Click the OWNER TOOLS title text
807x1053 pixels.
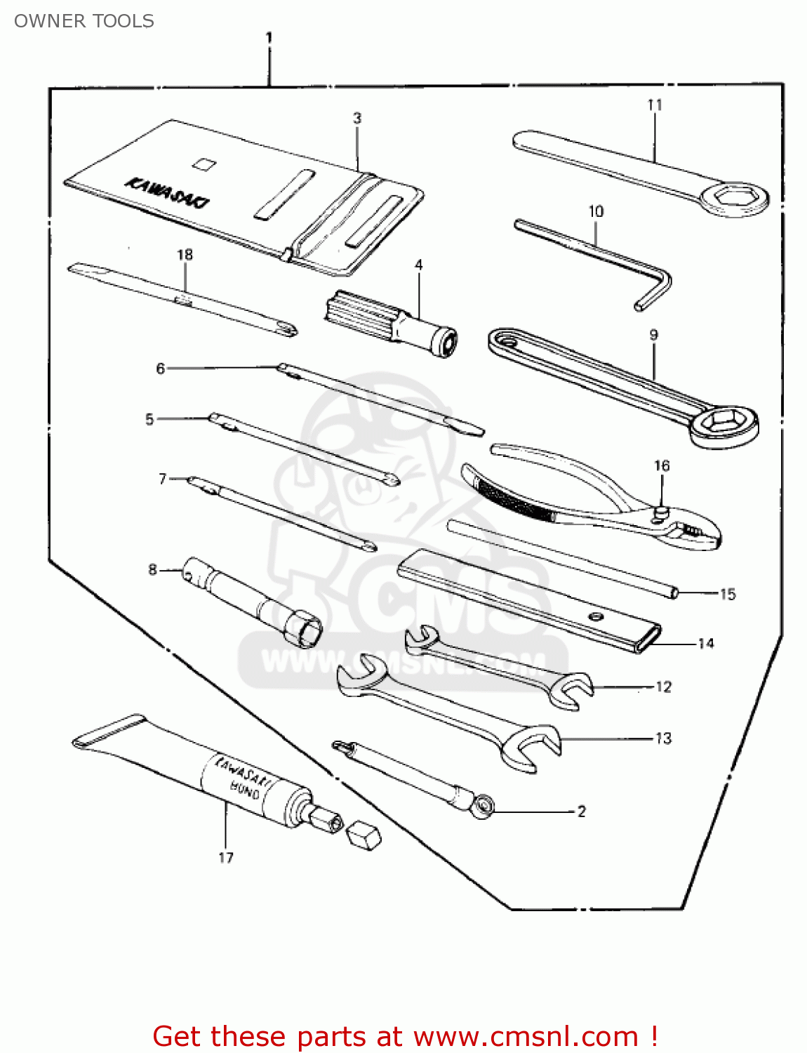click(84, 21)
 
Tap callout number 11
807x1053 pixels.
click(654, 105)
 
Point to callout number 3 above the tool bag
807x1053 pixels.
click(357, 118)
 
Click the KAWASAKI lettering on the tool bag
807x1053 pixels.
click(167, 193)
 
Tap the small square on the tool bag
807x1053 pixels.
click(204, 164)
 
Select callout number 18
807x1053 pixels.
click(185, 254)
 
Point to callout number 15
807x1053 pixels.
click(728, 594)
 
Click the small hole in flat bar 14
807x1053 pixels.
click(596, 616)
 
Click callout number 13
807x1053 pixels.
click(663, 738)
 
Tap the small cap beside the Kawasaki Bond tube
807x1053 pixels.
click(364, 835)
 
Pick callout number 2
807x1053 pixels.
click(581, 811)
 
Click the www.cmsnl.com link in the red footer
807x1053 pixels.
click(526, 1036)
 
